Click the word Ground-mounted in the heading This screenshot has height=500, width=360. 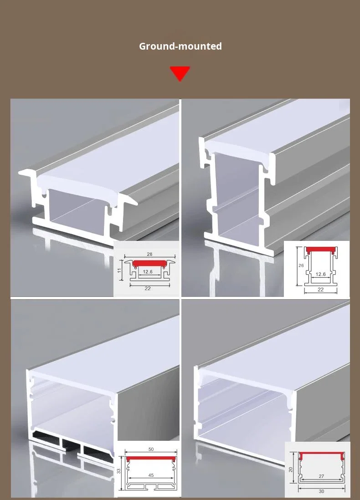point(180,46)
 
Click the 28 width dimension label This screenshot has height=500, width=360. point(149,254)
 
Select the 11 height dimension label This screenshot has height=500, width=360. point(119,270)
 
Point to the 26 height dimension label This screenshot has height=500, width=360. point(301,265)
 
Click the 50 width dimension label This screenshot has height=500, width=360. point(151,449)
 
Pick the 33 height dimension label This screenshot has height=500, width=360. point(119,471)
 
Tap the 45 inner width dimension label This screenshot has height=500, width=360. point(151,475)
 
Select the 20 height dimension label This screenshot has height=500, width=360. point(290,469)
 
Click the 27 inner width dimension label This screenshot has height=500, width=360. point(321,476)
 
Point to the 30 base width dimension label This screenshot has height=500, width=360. point(321,491)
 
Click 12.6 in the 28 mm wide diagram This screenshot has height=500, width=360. point(148,272)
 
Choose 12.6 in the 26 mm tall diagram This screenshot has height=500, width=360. point(320,274)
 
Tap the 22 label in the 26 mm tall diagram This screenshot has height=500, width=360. point(321,290)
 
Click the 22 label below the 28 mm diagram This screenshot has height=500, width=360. point(148,288)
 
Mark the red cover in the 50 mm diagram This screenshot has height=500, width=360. point(151,459)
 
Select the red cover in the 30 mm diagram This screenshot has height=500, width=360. point(321,455)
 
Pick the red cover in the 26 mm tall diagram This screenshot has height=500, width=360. point(321,250)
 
